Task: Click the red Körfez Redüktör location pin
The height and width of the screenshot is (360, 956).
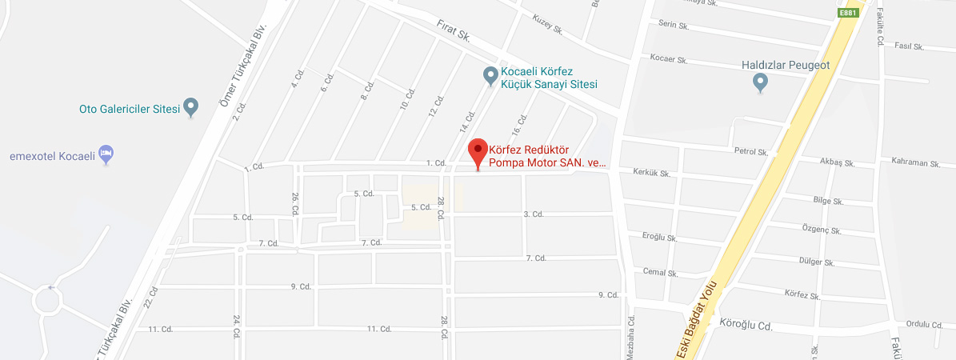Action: tap(478, 151)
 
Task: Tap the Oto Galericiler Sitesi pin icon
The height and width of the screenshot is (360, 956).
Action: tap(190, 106)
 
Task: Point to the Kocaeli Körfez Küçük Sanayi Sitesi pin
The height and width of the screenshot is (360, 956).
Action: tap(491, 75)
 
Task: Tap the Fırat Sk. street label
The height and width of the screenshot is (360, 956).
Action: tap(453, 32)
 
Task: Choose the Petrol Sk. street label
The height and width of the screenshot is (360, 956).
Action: tap(752, 151)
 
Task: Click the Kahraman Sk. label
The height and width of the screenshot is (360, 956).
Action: tap(914, 162)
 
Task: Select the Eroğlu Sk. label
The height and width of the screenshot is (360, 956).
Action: tap(660, 238)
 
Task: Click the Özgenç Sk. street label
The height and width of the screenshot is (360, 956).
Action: tap(822, 230)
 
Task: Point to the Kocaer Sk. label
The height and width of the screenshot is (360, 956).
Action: tap(669, 59)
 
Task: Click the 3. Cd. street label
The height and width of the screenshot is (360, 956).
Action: tap(534, 214)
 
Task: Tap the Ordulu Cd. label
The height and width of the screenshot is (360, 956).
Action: tap(925, 324)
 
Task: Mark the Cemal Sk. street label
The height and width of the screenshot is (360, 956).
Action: tap(661, 272)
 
